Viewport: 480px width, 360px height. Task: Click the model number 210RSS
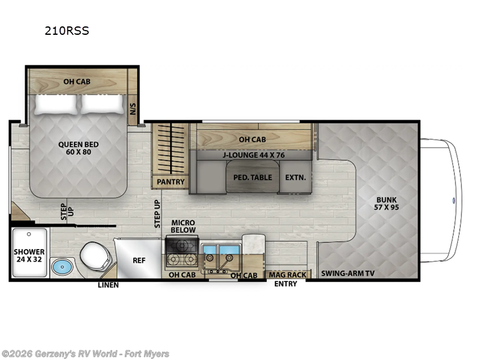tap(67, 31)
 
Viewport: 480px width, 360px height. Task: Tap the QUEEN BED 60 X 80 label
tap(79, 148)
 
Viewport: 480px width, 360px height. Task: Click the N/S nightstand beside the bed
tap(133, 109)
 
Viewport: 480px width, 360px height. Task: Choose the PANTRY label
tap(170, 182)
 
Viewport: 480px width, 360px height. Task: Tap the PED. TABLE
tap(253, 177)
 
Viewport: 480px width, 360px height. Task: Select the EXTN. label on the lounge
tap(295, 177)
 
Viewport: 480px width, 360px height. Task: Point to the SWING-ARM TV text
tap(347, 274)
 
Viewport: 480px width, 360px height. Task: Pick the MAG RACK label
tap(287, 275)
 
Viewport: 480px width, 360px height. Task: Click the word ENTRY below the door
tap(286, 284)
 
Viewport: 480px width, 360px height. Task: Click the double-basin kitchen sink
tap(220, 255)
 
